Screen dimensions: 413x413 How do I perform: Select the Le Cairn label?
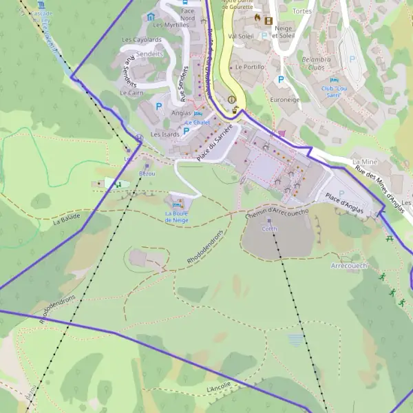tap(131, 92)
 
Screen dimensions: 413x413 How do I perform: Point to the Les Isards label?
tap(165, 134)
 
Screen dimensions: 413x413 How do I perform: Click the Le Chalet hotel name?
tap(197, 123)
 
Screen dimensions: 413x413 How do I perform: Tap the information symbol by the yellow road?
tap(232, 99)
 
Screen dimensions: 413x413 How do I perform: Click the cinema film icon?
tap(268, 21)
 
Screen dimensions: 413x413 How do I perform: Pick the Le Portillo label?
tap(249, 67)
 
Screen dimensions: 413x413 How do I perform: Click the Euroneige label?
tap(286, 100)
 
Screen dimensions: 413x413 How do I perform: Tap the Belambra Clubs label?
tap(317, 64)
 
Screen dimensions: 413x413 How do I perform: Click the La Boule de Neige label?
tap(177, 217)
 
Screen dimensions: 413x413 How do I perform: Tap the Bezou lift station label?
tap(147, 173)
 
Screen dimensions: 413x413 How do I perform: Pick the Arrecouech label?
tap(350, 265)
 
